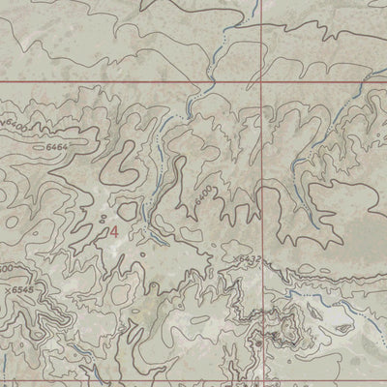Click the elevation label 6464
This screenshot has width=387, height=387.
tap(58, 145)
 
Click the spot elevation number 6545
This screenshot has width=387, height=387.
tap(21, 289)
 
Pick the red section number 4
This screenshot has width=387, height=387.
tap(115, 232)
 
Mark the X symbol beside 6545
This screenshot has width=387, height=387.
tap(7, 289)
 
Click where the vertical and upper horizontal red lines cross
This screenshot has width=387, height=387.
tap(266, 82)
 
